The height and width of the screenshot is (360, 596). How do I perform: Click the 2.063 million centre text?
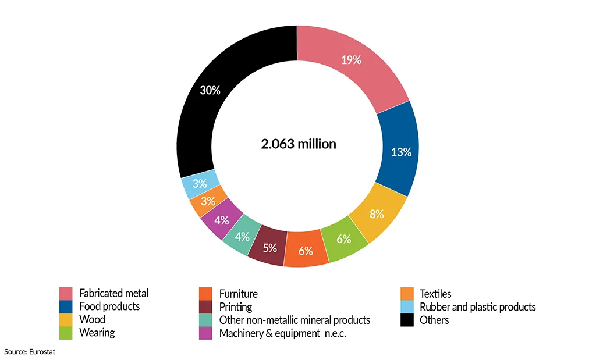point(298,144)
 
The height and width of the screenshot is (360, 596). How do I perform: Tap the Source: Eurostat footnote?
point(30,351)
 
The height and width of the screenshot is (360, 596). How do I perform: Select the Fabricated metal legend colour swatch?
point(66,294)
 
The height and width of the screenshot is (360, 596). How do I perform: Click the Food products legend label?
point(109,306)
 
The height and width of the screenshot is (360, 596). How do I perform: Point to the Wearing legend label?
point(97,333)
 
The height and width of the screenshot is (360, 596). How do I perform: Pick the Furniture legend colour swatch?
point(205,294)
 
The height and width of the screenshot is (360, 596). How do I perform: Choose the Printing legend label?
point(236,306)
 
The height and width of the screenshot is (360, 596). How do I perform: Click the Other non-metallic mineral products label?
point(295,320)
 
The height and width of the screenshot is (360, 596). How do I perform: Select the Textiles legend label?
point(435,294)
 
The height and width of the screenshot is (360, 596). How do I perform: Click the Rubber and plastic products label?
point(477,306)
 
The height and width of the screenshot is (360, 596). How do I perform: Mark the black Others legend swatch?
point(407,320)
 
